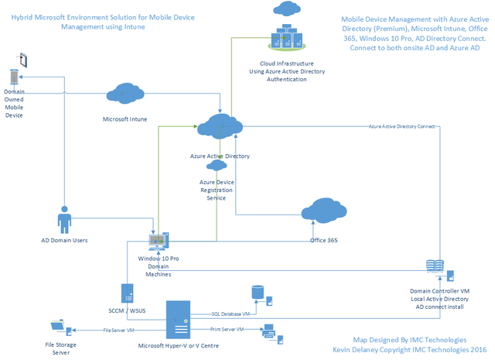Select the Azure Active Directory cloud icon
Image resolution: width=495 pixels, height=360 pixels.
tap(220, 127)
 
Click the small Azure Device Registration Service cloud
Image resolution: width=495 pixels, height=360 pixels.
tap(217, 165)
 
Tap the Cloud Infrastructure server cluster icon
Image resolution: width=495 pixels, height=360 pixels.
tap(286, 36)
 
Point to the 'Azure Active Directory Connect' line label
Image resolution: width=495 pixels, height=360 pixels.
tap(401, 125)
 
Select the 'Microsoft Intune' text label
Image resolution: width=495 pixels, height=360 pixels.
tap(125, 120)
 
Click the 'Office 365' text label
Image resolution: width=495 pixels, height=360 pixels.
tap(323, 240)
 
